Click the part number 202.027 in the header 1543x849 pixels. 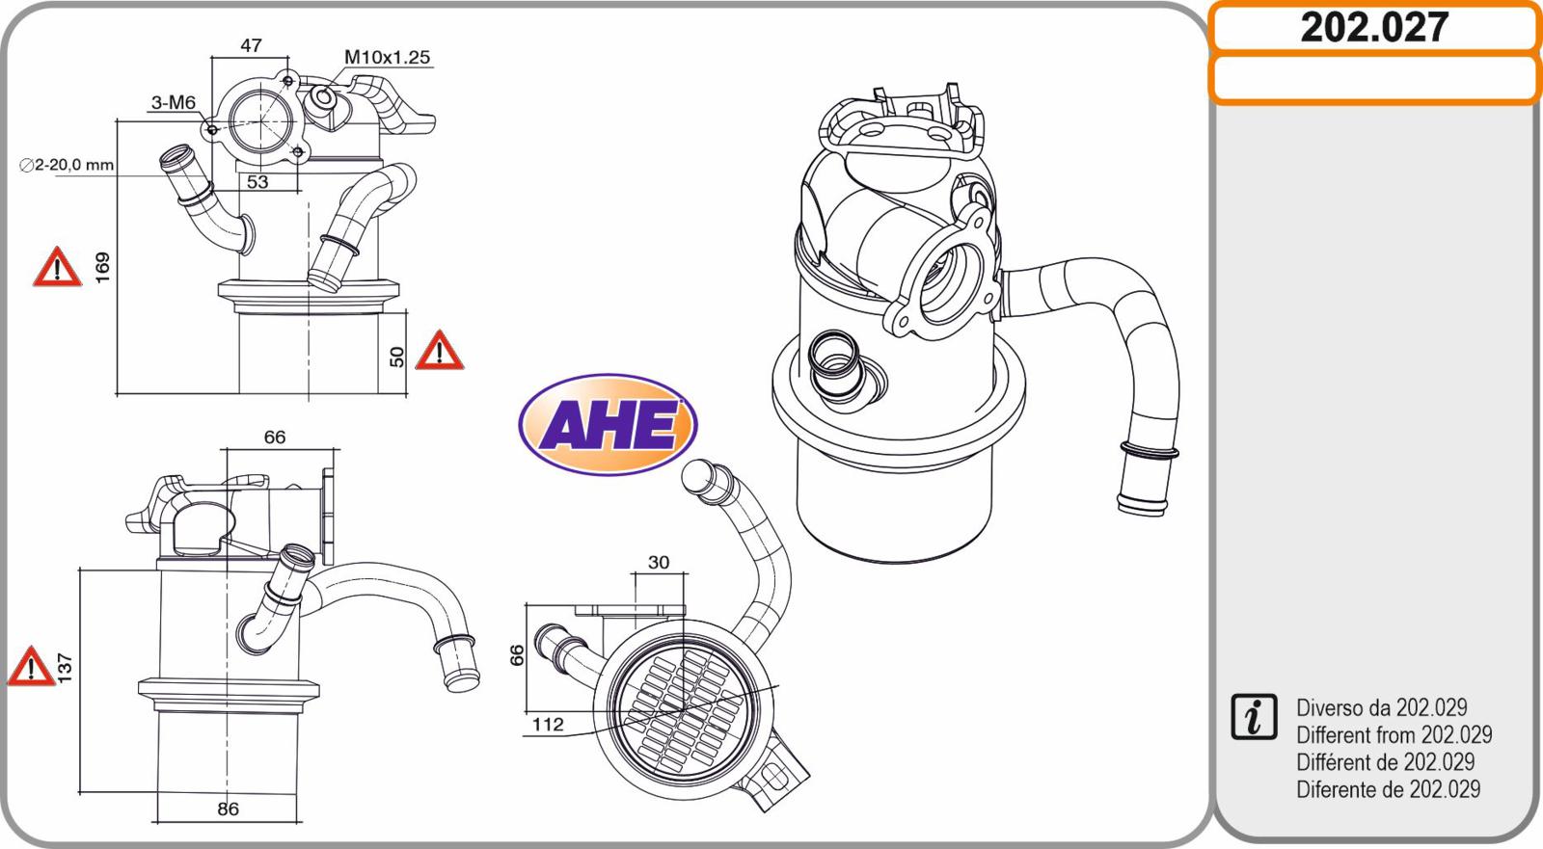[x=1373, y=27]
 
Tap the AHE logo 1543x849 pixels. [x=608, y=425]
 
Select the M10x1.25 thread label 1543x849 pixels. [x=387, y=58]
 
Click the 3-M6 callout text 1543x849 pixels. [x=174, y=103]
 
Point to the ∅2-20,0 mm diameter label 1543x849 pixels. [x=68, y=165]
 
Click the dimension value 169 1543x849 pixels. [x=102, y=267]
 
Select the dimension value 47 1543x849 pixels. [x=251, y=45]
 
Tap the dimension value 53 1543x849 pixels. [x=257, y=181]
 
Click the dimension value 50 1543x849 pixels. [x=396, y=356]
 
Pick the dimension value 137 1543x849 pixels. [x=65, y=667]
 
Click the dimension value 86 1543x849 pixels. [x=228, y=809]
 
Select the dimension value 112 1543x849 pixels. [x=548, y=725]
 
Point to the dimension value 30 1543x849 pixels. [x=659, y=563]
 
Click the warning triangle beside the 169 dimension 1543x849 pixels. [x=57, y=268]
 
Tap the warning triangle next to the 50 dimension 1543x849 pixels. [x=439, y=352]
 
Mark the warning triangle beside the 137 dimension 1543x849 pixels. [x=31, y=667]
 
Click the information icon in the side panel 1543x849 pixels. [x=1254, y=717]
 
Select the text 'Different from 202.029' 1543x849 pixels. [x=1394, y=734]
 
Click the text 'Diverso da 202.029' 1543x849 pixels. [x=1381, y=707]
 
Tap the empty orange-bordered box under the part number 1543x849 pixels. [x=1373, y=79]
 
